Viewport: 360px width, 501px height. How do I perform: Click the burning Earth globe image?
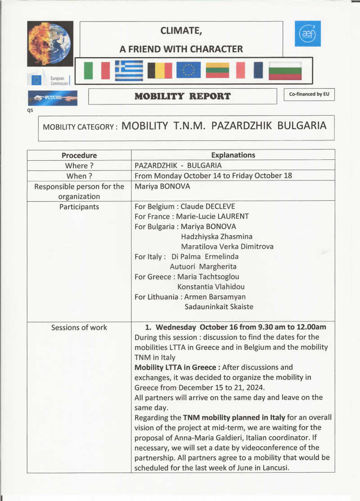pyautogui.click(x=50, y=44)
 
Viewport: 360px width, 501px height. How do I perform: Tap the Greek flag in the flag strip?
pyautogui.click(x=128, y=70)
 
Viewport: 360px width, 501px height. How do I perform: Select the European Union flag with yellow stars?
pyautogui.click(x=188, y=70)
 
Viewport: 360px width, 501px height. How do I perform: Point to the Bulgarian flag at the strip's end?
pyautogui.click(x=285, y=71)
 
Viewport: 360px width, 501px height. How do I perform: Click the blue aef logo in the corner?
pyautogui.click(x=307, y=33)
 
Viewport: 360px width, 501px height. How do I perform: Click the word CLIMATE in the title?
pyautogui.click(x=182, y=31)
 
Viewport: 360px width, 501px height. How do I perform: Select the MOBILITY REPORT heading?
pyautogui.click(x=182, y=96)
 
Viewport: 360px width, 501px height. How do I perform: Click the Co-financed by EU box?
pyautogui.click(x=309, y=95)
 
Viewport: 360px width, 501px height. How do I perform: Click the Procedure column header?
pyautogui.click(x=79, y=155)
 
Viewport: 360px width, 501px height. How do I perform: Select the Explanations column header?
pyautogui.click(x=233, y=155)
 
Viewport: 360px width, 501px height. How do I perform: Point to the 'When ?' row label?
pyautogui.click(x=79, y=176)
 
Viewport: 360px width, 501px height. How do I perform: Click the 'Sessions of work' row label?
pyautogui.click(x=79, y=327)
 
